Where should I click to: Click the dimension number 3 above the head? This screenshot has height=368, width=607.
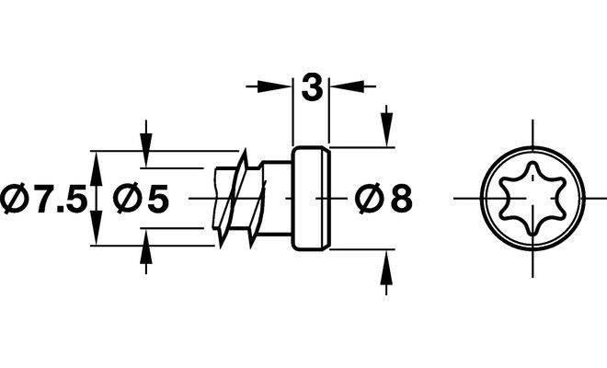tap(311, 88)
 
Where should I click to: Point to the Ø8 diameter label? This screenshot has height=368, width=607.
tap(383, 198)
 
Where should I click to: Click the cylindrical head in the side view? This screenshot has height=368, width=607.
tap(311, 198)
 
